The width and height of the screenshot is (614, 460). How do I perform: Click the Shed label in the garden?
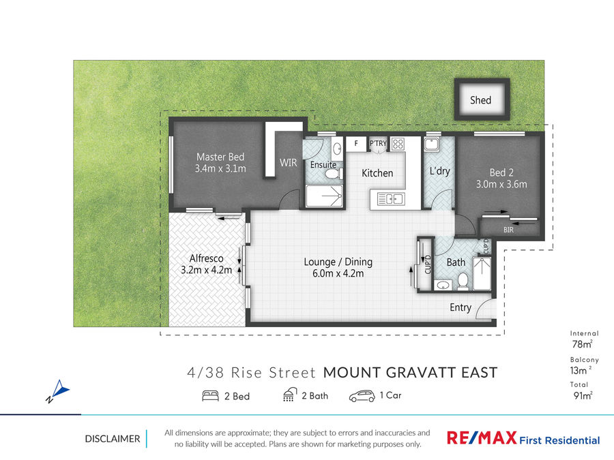pos(480,100)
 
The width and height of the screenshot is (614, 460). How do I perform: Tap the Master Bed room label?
pos(220,157)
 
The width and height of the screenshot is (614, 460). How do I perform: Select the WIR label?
pos(288,163)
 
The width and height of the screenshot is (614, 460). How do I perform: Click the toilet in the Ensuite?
pos(332,173)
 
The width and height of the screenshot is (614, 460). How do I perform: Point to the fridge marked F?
pos(356,143)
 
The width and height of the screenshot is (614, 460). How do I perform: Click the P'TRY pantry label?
pos(378,143)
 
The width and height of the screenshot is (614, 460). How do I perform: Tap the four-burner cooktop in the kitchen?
pos(398,144)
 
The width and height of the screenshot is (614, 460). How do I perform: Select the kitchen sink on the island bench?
pos(391,199)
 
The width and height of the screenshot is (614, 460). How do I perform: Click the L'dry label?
pos(439,171)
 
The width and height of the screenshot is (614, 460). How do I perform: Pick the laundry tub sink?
pos(432,144)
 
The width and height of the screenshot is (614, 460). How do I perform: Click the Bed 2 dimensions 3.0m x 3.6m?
pos(501,184)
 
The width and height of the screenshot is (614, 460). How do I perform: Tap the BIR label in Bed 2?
pos(508,230)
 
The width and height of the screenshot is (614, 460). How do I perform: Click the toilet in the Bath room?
pos(463,281)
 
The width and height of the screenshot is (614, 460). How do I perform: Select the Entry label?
pos(460,308)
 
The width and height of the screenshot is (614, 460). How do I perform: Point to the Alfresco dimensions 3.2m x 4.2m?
pos(206,270)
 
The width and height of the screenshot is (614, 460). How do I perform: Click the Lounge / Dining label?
pos(338,262)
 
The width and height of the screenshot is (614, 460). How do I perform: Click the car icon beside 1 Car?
pos(362,396)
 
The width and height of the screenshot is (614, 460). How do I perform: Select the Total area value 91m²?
pos(583,395)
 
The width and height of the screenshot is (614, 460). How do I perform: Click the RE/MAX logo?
pos(482,438)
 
